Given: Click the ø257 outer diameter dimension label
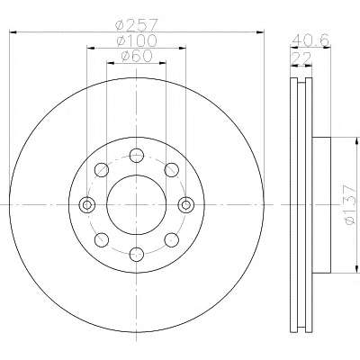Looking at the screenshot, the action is [137, 25].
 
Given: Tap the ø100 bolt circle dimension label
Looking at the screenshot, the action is [137, 40].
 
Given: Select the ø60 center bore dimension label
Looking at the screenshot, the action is [137, 56].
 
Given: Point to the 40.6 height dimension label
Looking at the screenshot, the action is [310, 40].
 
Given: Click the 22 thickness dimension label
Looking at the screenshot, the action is [301, 58].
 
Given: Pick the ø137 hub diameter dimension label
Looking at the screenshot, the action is [350, 204].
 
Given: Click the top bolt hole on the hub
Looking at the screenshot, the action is [137, 156].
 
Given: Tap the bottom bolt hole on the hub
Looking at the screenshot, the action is [137, 255].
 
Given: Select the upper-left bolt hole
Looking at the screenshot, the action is [102, 170].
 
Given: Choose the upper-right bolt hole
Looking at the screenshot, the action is [172, 170].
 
